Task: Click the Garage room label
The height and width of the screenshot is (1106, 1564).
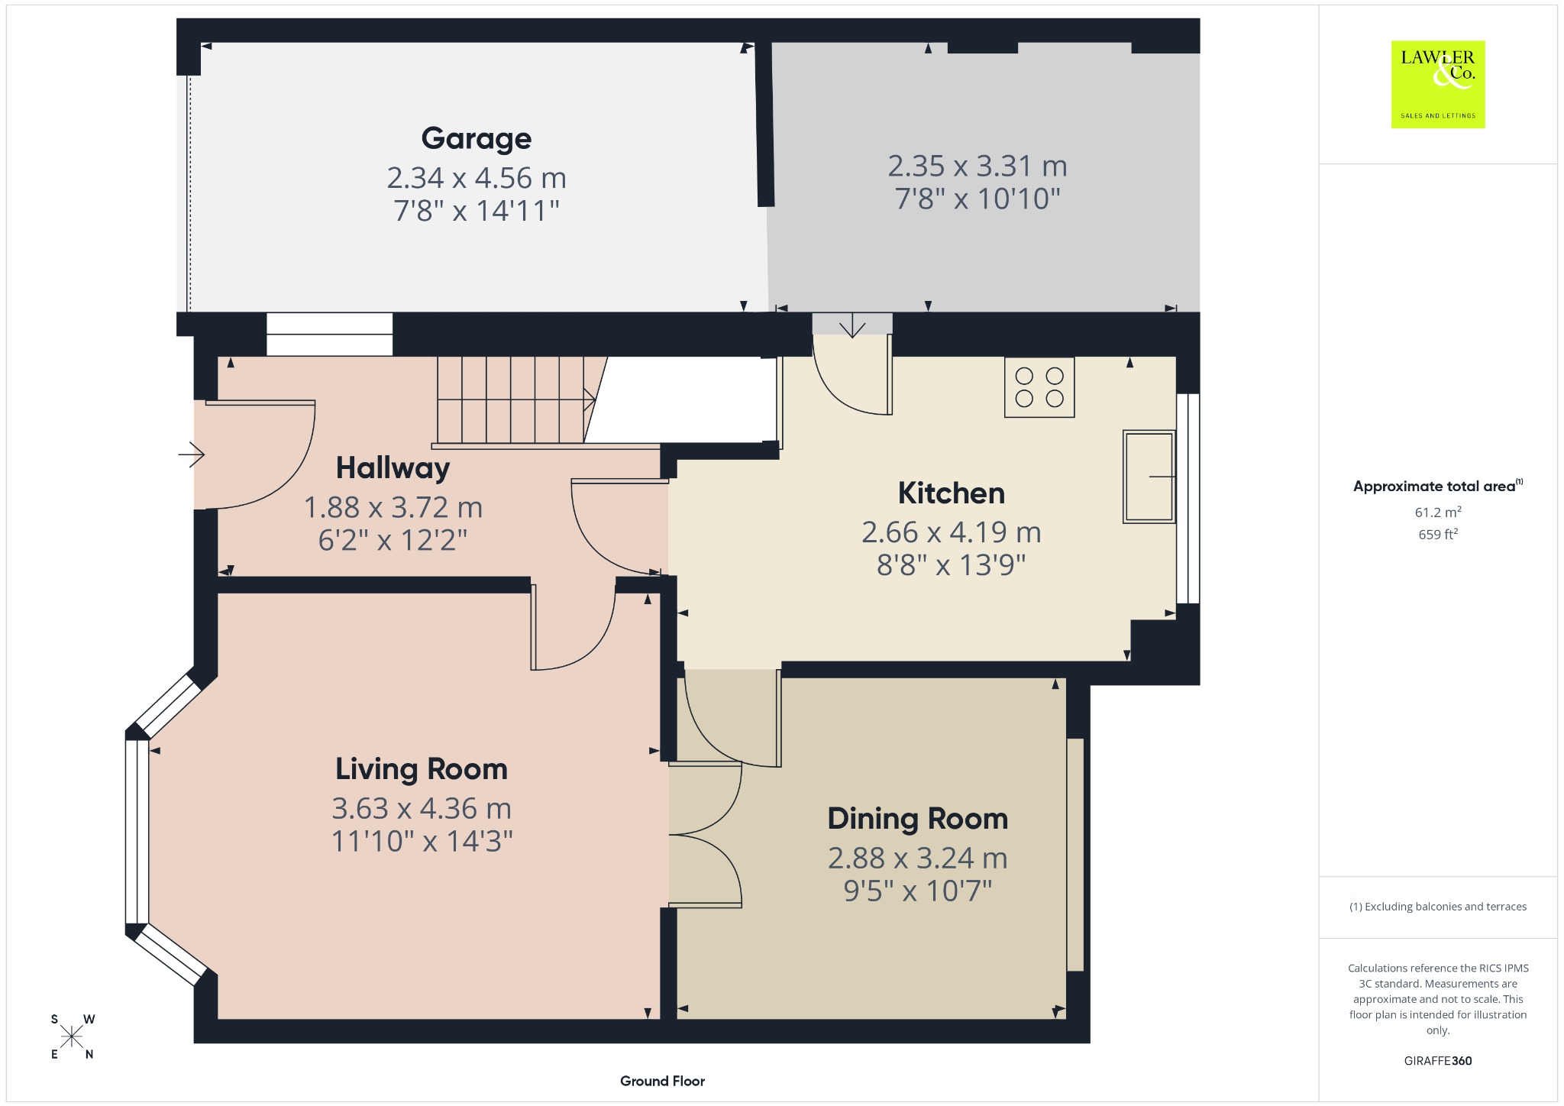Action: [x=477, y=138]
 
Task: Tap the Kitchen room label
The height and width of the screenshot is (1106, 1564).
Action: [x=952, y=493]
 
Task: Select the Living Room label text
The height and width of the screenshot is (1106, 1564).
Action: [x=422, y=769]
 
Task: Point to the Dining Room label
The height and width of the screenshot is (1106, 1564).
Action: [x=918, y=819]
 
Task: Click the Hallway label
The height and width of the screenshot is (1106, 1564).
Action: [x=393, y=468]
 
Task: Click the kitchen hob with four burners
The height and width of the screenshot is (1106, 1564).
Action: [x=1039, y=387]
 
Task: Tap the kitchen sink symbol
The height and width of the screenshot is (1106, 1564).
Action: [x=1149, y=477]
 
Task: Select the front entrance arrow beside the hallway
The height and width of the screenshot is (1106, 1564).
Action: [x=192, y=455]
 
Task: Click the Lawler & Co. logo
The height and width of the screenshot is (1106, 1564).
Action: [x=1438, y=84]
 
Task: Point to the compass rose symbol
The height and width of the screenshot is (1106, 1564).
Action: [x=73, y=1036]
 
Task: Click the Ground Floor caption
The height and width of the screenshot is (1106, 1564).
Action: [x=662, y=1081]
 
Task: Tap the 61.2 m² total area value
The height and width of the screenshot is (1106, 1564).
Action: [x=1438, y=512]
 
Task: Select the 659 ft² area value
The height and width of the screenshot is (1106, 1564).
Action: [x=1438, y=534]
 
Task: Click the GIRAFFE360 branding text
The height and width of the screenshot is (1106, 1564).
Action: [x=1438, y=1060]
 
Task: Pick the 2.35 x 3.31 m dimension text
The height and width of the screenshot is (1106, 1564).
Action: [x=977, y=166]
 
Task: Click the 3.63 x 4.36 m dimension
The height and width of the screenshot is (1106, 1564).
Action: [x=422, y=808]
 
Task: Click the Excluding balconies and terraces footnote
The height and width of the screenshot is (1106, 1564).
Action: [x=1438, y=907]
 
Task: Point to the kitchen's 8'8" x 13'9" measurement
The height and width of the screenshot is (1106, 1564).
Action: [x=952, y=565]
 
